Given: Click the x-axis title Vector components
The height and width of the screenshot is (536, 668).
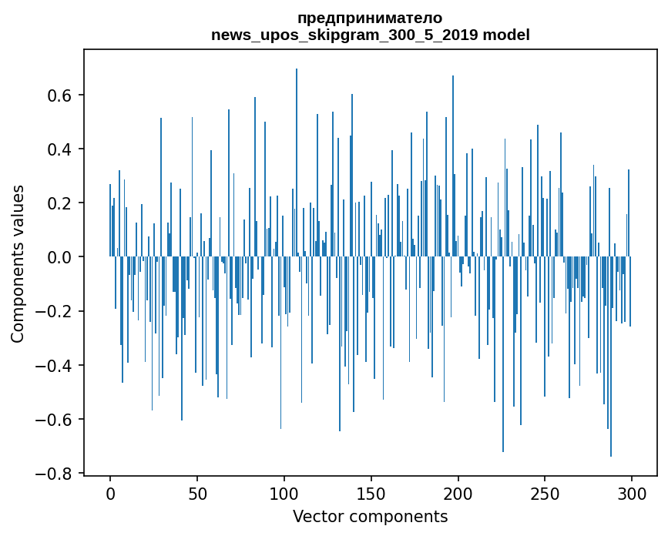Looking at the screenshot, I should [x=370, y=516].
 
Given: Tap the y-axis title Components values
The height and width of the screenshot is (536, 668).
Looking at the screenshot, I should [x=17, y=263].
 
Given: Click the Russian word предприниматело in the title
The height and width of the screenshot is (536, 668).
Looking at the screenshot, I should [x=370, y=18].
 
